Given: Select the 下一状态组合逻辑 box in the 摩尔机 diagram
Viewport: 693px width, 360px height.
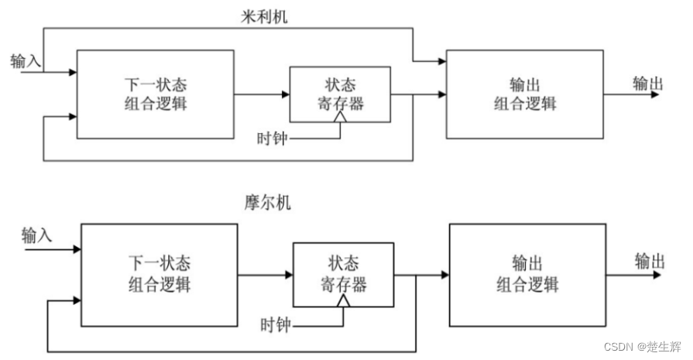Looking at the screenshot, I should (160, 275).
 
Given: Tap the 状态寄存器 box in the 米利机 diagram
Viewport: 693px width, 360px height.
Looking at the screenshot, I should (340, 94).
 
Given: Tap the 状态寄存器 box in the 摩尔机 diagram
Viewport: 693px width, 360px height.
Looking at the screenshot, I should (342, 275).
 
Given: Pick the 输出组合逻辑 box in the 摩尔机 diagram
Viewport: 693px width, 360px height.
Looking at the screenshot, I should (527, 275).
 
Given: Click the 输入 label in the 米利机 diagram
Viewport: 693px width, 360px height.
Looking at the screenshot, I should (25, 60).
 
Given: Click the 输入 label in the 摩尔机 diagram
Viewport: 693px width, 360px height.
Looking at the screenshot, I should (37, 235).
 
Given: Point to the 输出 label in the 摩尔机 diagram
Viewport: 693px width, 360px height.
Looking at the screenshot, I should (650, 260).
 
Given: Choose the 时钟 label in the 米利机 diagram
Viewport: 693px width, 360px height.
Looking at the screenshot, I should (273, 139).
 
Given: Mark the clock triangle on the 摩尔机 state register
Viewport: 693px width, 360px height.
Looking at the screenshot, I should (341, 303).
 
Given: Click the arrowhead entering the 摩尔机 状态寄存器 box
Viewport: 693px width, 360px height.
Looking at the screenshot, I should (288, 275).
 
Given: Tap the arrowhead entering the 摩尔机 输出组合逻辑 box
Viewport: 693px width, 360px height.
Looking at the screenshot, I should (444, 275).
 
